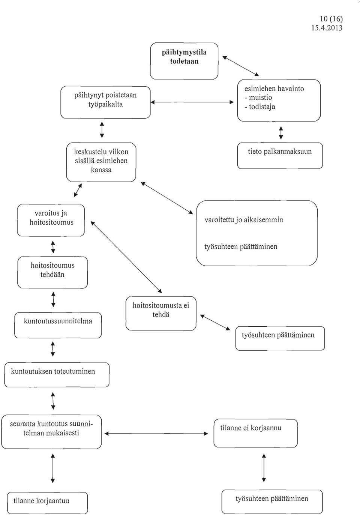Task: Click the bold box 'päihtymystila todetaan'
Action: click(x=184, y=61)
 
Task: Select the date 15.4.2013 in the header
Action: click(x=327, y=28)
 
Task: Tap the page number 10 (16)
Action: click(x=331, y=19)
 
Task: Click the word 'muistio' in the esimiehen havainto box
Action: click(x=261, y=98)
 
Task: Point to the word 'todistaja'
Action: click(x=262, y=107)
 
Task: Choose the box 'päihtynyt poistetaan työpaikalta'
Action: click(x=105, y=102)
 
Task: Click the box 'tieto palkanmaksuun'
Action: click(x=280, y=156)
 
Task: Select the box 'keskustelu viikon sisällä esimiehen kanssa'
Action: click(x=101, y=162)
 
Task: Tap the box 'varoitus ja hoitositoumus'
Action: click(x=51, y=220)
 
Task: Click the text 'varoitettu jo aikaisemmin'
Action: click(x=244, y=220)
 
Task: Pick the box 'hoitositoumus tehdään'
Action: click(x=52, y=272)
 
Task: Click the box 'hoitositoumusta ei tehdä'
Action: click(x=161, y=313)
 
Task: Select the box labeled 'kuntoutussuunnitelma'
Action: click(x=58, y=325)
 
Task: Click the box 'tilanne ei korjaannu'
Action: click(x=255, y=433)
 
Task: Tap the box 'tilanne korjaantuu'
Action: click(x=48, y=503)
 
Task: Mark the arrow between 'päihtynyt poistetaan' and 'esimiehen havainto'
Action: click(x=192, y=102)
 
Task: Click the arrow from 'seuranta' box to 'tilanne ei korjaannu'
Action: click(x=156, y=434)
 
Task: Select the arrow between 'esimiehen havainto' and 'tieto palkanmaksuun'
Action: click(x=281, y=133)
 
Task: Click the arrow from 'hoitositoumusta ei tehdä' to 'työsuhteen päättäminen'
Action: click(x=215, y=322)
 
